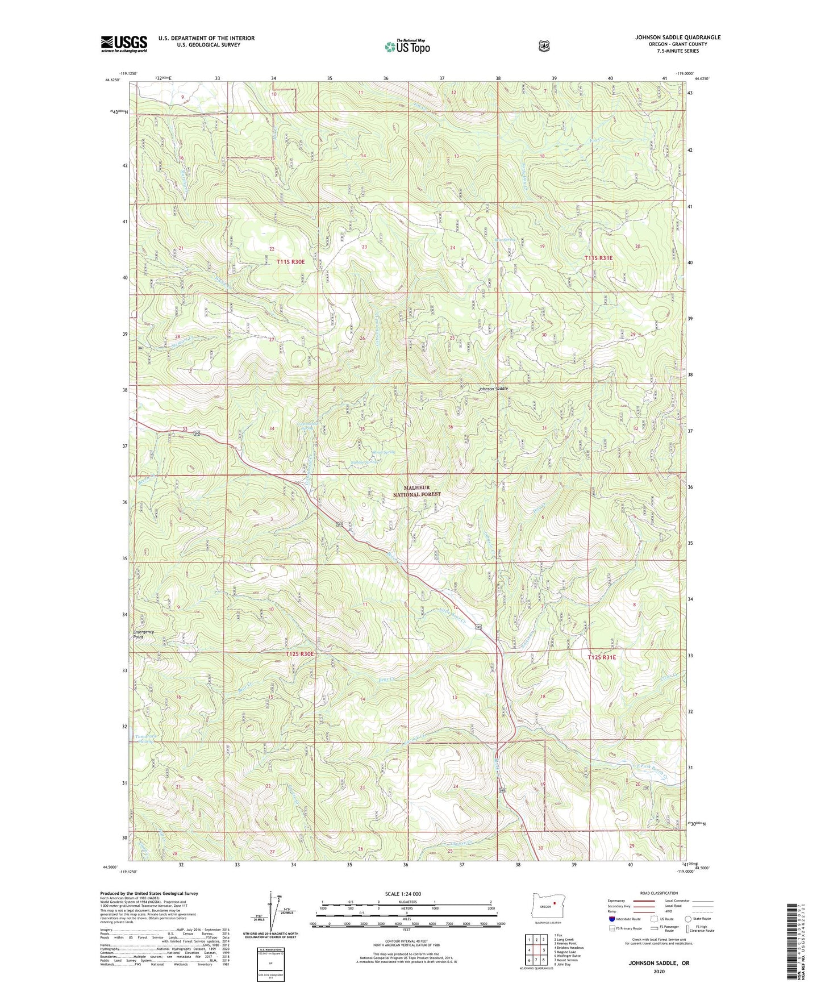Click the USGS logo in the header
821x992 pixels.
pyautogui.click(x=124, y=44)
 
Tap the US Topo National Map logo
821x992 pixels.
pyautogui.click(x=406, y=47)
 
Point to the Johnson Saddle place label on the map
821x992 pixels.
pyautogui.click(x=493, y=389)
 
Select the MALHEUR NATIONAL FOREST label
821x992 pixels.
pyautogui.click(x=417, y=491)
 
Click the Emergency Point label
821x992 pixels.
pyautogui.click(x=143, y=635)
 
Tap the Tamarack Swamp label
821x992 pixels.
pyautogui.click(x=145, y=738)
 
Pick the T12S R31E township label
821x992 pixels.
pyautogui.click(x=601, y=657)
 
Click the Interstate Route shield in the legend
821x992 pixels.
pyautogui.click(x=611, y=919)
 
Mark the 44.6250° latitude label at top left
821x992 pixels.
pyautogui.click(x=112, y=80)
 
